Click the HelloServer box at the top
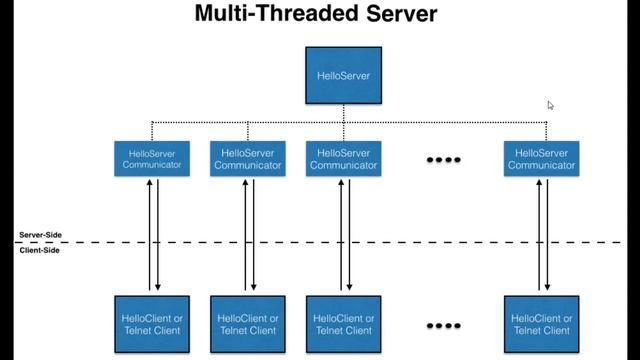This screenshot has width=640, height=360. coord(343,76)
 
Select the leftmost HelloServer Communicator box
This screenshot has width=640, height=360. coord(152,159)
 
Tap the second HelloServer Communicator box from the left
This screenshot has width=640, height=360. coord(247,159)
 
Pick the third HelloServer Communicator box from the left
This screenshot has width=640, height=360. coord(343,159)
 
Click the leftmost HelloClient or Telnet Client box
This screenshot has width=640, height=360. coord(152,322)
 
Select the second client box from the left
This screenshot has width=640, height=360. coord(247,322)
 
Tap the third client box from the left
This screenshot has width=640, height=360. coord(343,322)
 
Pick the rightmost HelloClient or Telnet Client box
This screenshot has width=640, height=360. coord(540,322)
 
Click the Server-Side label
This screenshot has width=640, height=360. coord(40,235)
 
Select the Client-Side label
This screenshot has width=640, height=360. coord(40,250)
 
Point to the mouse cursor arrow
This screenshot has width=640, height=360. coord(550,105)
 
